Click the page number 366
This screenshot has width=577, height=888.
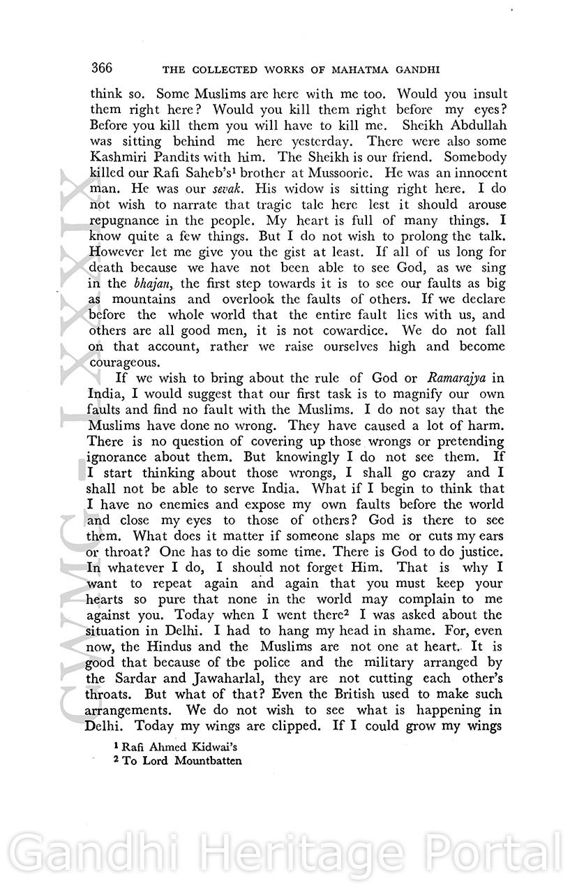(102, 68)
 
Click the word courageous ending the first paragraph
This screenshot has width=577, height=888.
(126, 362)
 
